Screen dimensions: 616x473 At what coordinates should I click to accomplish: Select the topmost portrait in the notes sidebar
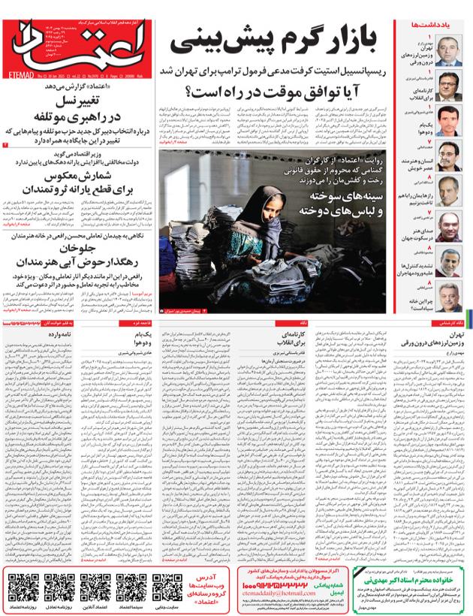(x=453, y=55)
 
